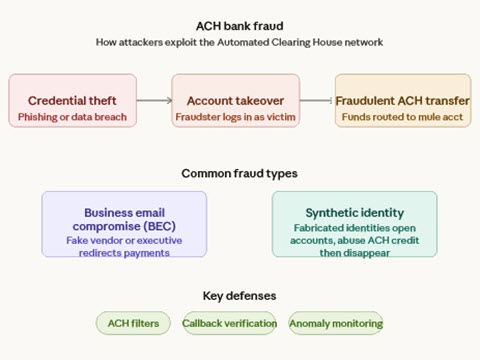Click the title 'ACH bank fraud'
tap(239, 26)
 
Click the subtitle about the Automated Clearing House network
tap(239, 42)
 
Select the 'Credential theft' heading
tap(71, 101)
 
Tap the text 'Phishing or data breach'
tap(71, 117)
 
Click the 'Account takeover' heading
tap(235, 101)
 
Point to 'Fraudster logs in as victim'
tap(235, 117)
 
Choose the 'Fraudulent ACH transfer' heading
tap(402, 101)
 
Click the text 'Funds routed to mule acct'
tap(402, 117)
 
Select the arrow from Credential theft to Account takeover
tap(153, 100)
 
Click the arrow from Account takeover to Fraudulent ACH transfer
tap(317, 100)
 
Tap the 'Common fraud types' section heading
tap(239, 173)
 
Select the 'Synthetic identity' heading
tap(355, 213)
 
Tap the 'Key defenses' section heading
tap(239, 296)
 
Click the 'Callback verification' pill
tap(230, 323)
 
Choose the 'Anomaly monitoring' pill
tap(336, 323)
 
